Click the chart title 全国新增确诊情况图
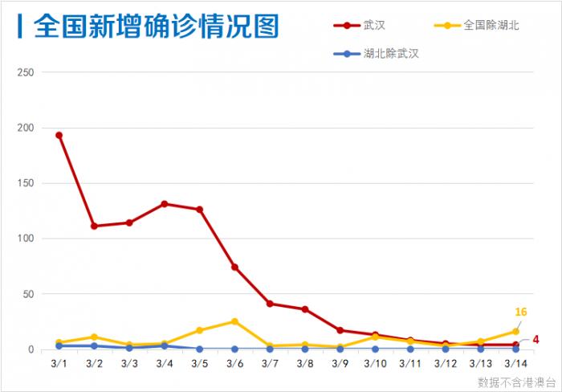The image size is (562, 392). click(x=156, y=27)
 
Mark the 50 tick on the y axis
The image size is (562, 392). click(x=28, y=294)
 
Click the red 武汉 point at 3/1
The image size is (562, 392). click(x=59, y=135)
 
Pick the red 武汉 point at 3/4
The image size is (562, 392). click(x=165, y=204)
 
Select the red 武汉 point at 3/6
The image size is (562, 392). click(x=234, y=267)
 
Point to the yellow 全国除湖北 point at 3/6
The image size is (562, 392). click(x=234, y=321)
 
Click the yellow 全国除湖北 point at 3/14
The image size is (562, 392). click(x=515, y=331)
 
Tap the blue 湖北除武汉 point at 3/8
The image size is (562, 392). click(x=305, y=349)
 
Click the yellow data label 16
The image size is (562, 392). click(x=520, y=312)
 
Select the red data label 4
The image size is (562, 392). click(x=536, y=340)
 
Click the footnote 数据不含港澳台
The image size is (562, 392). click(x=515, y=381)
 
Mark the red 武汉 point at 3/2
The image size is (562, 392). click(x=94, y=226)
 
